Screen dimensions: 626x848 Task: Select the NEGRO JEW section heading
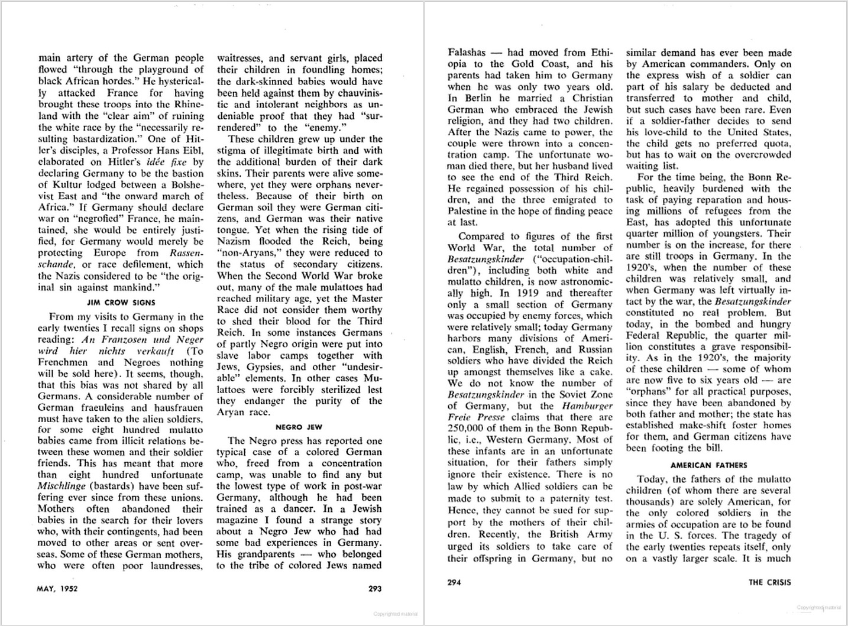299,426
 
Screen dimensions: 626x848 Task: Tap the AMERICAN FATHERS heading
708,465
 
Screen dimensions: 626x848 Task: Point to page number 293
374,588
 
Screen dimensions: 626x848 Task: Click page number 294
454,582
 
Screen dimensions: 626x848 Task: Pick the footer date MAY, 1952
57,588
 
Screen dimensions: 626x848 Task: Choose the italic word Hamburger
587,406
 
